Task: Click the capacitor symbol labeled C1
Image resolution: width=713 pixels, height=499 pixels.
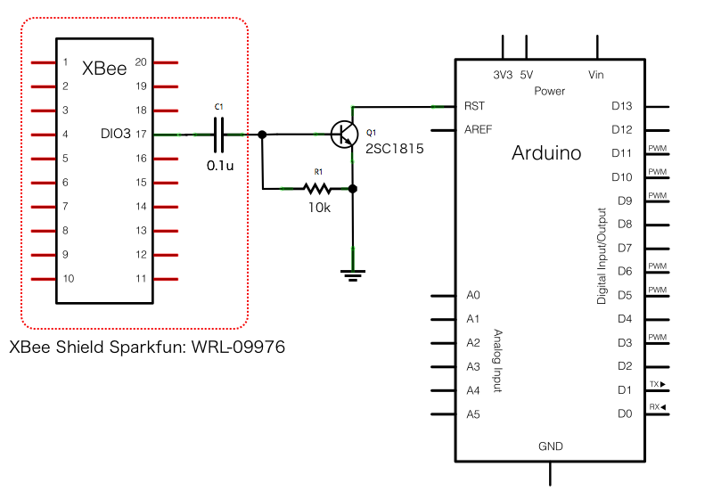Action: [218, 135]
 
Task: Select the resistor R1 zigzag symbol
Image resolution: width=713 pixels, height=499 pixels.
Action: [317, 188]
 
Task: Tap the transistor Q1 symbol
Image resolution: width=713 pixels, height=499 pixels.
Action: [344, 134]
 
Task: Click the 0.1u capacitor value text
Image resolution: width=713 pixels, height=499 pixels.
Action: [220, 165]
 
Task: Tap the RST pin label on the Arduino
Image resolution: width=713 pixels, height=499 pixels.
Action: [475, 105]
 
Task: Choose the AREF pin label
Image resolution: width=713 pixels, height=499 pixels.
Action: [479, 129]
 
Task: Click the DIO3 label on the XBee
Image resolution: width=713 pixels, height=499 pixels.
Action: [116, 135]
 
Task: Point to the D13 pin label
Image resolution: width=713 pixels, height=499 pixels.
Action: [622, 105]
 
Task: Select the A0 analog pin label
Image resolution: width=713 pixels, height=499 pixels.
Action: [472, 295]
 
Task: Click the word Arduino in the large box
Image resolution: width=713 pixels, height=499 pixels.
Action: [546, 153]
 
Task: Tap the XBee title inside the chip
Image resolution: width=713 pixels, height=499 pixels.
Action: [104, 69]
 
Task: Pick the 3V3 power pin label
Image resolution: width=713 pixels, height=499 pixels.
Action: [503, 75]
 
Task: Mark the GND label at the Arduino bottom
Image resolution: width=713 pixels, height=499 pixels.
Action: [550, 446]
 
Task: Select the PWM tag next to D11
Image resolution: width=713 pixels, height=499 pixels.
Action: [657, 148]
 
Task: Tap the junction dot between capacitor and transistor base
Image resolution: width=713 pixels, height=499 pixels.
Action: [262, 135]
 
